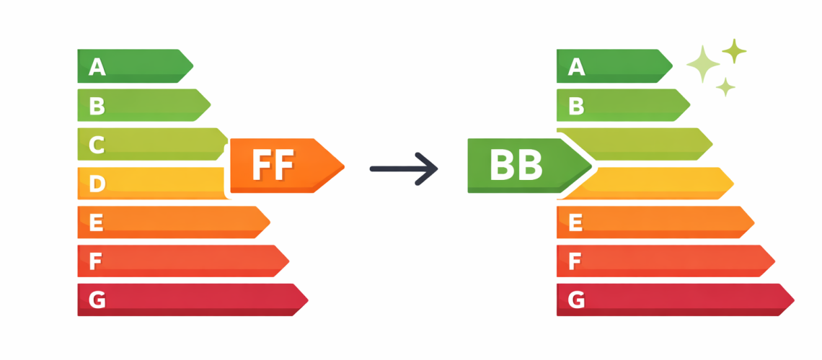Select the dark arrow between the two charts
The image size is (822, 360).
(x=404, y=168)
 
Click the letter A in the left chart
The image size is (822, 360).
(x=97, y=66)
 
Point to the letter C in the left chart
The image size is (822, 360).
(x=97, y=145)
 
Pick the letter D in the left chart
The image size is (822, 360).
(x=97, y=184)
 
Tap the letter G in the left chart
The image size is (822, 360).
(x=97, y=300)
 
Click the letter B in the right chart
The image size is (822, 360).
(x=575, y=107)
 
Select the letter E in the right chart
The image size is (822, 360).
(x=575, y=222)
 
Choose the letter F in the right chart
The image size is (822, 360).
(x=575, y=261)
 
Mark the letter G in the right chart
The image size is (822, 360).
(x=576, y=300)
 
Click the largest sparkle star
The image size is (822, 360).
(x=703, y=64)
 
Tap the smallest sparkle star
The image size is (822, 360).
(x=725, y=87)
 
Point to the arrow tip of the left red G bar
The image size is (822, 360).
(x=309, y=300)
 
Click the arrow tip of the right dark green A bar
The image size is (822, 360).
(x=673, y=66)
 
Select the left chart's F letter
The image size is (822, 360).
(x=95, y=261)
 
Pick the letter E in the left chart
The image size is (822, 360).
(x=96, y=222)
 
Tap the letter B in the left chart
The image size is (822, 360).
(x=97, y=107)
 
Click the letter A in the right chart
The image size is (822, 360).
(x=576, y=66)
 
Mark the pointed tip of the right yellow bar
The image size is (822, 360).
(x=733, y=183)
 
